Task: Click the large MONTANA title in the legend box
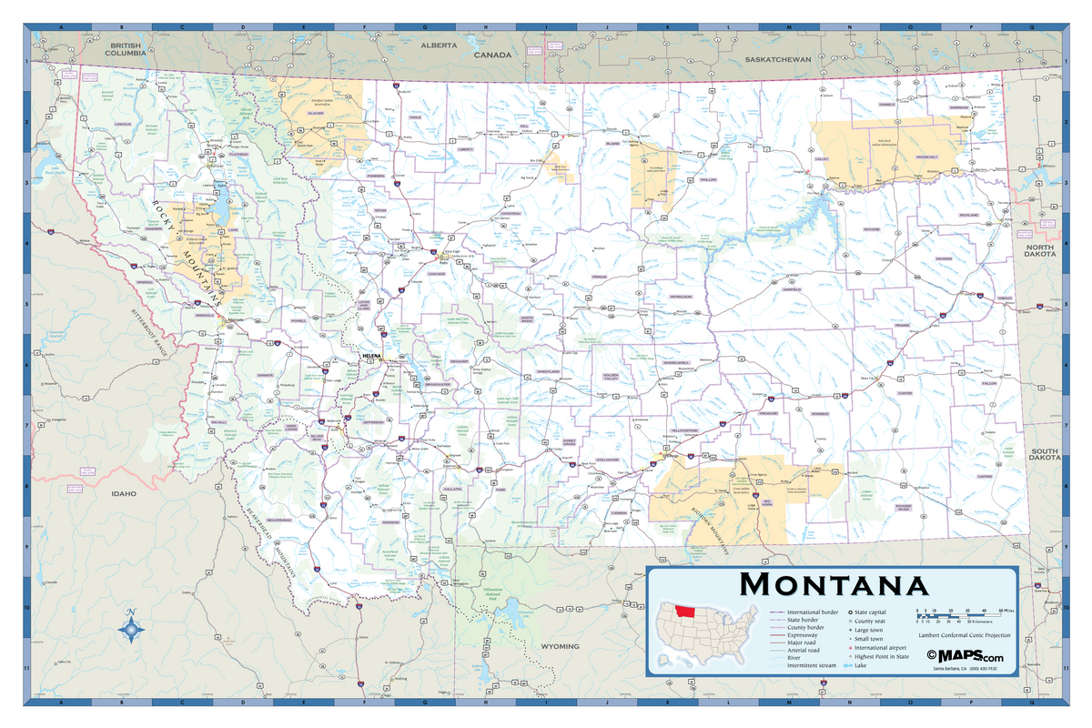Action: point(834,584)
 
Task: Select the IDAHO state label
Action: point(123,494)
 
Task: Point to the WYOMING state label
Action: point(560,646)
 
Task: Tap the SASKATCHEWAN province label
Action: point(777,59)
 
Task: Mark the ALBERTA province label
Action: point(439,45)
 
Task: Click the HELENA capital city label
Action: point(373,355)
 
